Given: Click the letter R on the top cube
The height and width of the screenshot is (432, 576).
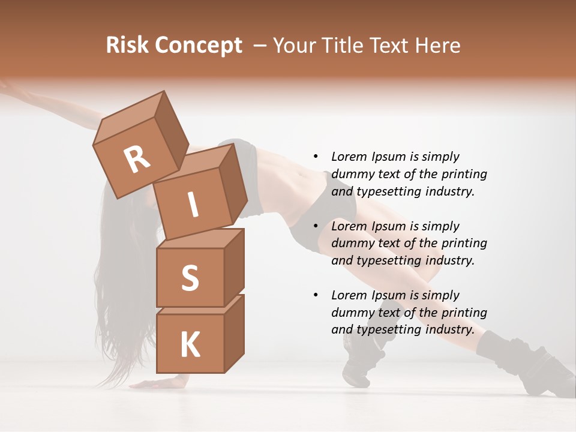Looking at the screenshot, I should pyautogui.click(x=137, y=160).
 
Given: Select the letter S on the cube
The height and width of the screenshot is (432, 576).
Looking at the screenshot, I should pyautogui.click(x=190, y=278).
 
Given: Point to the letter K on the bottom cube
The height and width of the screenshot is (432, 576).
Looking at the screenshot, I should pyautogui.click(x=190, y=344).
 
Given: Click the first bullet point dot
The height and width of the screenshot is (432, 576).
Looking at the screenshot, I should pyautogui.click(x=316, y=157).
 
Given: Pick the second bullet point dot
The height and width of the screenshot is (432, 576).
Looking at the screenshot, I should pyautogui.click(x=316, y=227).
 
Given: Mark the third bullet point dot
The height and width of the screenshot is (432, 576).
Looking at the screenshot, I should pyautogui.click(x=316, y=296).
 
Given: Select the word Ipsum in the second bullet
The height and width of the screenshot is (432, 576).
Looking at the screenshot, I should pyautogui.click(x=390, y=226).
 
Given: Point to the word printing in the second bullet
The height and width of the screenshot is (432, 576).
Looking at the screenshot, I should pyautogui.click(x=464, y=243).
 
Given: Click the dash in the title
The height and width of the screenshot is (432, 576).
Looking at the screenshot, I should pyautogui.click(x=260, y=46).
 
